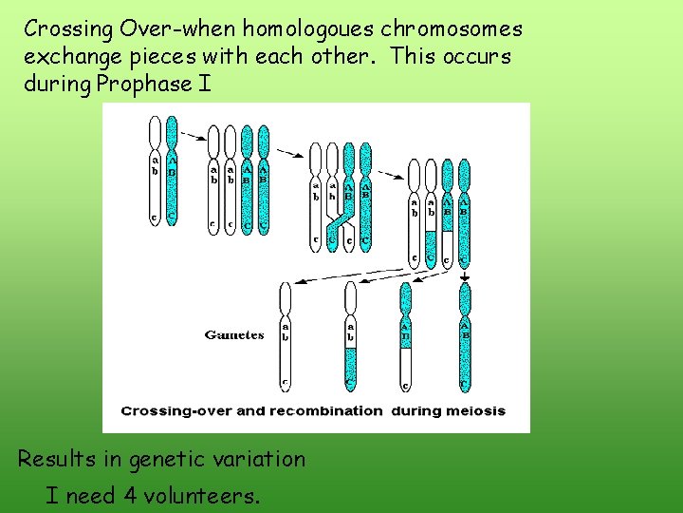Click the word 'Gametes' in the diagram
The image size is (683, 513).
coord(234,335)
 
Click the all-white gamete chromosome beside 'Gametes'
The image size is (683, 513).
coord(285,337)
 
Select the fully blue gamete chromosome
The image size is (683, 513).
coord(465,337)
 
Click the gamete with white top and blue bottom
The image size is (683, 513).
coord(350,337)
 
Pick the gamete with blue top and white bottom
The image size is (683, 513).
coord(406,337)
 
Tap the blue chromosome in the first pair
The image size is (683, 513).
coord(172,171)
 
